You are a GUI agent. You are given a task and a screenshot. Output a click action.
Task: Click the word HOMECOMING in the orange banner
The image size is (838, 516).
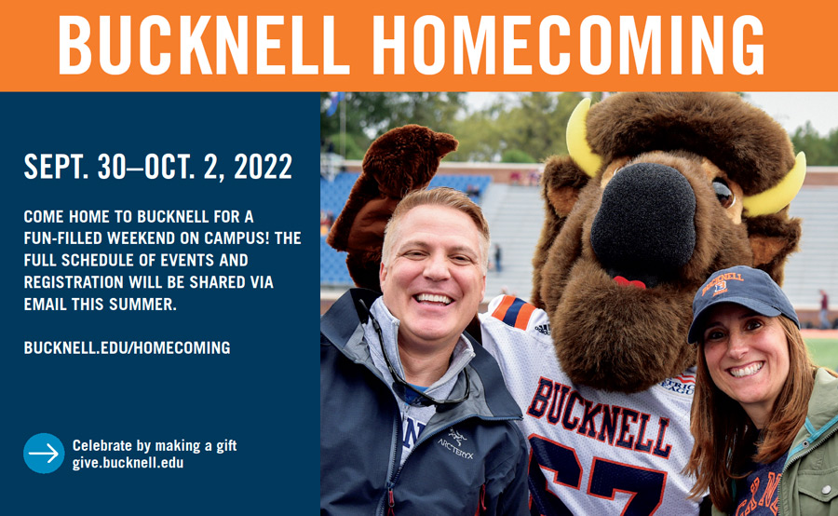(568, 45)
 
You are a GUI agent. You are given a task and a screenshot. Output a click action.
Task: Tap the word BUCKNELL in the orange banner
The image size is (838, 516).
(204, 45)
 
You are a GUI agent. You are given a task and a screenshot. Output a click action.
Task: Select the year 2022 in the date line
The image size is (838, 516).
(263, 167)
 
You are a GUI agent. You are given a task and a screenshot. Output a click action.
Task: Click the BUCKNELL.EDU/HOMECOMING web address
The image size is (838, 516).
(128, 348)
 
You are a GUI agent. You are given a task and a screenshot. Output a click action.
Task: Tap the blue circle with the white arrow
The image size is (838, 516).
(44, 453)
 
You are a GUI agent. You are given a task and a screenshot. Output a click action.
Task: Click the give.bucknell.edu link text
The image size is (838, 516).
(128, 463)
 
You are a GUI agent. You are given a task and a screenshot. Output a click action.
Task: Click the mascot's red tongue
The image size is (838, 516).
(629, 282)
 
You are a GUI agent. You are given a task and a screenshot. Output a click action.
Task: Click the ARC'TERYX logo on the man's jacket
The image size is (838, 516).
(455, 442)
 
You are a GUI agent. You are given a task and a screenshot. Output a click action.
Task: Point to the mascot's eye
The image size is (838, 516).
(723, 194)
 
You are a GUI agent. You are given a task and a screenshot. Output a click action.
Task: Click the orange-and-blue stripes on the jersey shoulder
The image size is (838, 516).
(514, 311)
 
